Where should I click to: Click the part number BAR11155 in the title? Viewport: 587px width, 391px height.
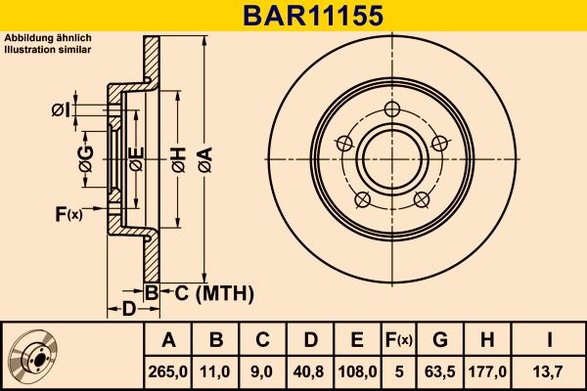click(x=293, y=16)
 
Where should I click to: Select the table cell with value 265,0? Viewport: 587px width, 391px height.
click(x=168, y=371)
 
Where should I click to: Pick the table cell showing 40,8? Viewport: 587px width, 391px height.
click(x=309, y=371)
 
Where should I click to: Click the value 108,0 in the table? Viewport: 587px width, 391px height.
click(x=356, y=371)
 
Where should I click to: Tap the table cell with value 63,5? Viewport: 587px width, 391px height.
click(x=440, y=371)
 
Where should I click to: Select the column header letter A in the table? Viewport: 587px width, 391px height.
click(x=168, y=340)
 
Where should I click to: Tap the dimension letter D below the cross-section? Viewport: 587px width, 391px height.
click(x=128, y=310)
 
